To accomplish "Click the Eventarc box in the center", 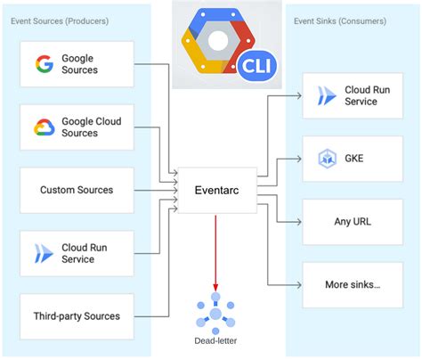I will [217, 190].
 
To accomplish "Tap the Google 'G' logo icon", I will [44, 64].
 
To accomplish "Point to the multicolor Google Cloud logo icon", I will [45, 127].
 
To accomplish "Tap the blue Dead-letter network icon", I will [215, 311].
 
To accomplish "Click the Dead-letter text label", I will [215, 340].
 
